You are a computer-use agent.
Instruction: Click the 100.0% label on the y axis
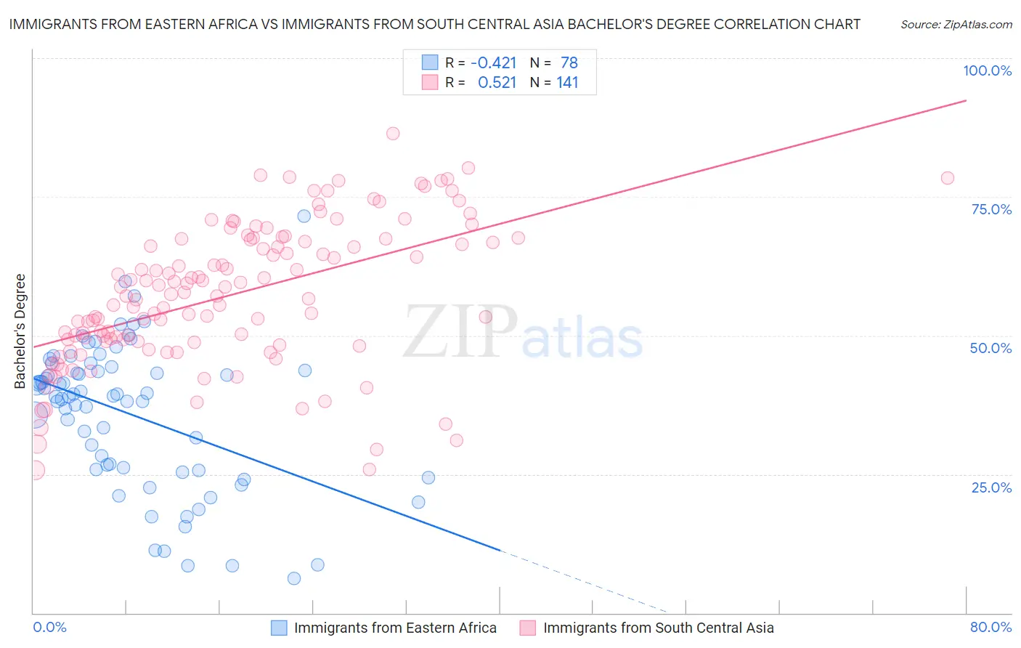pos(987,70)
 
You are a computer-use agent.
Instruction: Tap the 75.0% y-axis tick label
pos(991,209)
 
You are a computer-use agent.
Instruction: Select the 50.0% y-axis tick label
pos(991,348)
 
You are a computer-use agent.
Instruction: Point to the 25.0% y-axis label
pos(991,487)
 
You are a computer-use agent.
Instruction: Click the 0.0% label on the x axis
pos(49,627)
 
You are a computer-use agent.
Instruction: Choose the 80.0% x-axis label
pos(991,627)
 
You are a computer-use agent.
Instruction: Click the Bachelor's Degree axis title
pos(20,331)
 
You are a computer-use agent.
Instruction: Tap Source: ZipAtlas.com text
pos(956,25)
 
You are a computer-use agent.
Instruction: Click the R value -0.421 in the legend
pos(494,62)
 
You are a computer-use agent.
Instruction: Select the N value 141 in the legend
pos(567,83)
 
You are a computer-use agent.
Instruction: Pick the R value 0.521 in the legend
pos(497,83)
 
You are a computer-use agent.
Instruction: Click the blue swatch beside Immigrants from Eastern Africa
pos(279,628)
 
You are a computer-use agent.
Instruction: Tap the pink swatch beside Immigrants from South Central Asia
pos(528,628)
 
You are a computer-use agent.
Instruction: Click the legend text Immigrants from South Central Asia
pos(658,628)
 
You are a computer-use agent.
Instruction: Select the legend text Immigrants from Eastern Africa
pos(395,628)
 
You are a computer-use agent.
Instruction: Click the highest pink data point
pos(393,134)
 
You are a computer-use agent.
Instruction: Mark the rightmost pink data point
pos(947,178)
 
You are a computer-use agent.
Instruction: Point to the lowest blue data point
pos(294,578)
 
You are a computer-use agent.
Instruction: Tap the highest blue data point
pos(304,216)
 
